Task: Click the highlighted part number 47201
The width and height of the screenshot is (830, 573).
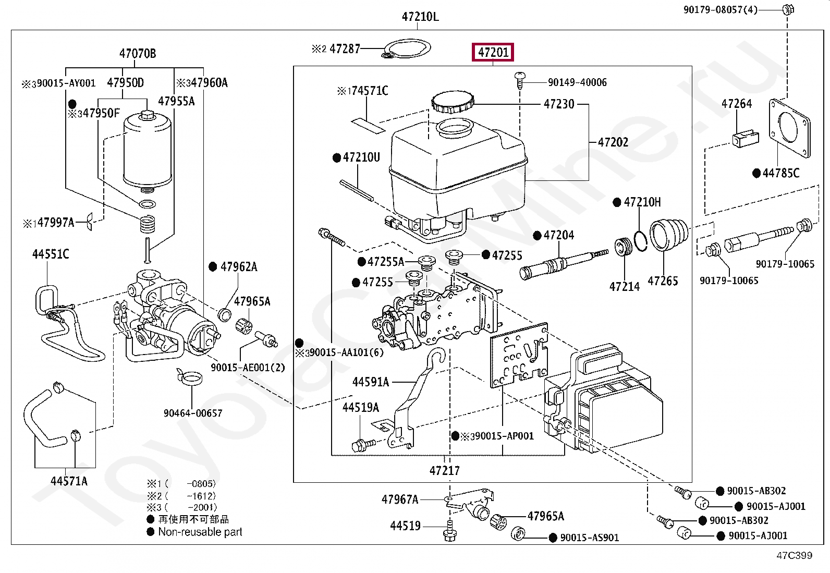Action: pos(493,52)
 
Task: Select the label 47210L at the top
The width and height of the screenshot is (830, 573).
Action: pos(420,17)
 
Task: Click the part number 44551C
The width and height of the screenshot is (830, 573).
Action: pos(51,254)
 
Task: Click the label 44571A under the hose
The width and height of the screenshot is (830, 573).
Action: pos(69,481)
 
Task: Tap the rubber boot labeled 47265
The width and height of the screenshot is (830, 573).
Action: pos(668,235)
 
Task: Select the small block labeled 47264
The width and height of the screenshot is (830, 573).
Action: pos(746,138)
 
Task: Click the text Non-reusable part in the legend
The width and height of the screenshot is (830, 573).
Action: pos(200,532)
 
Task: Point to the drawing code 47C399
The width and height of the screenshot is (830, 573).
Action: pos(794,555)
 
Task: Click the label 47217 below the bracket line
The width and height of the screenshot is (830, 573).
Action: pos(444,470)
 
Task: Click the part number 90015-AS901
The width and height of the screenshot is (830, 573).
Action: pos(589,538)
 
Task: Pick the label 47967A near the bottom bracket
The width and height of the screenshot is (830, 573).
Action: pos(400,499)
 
